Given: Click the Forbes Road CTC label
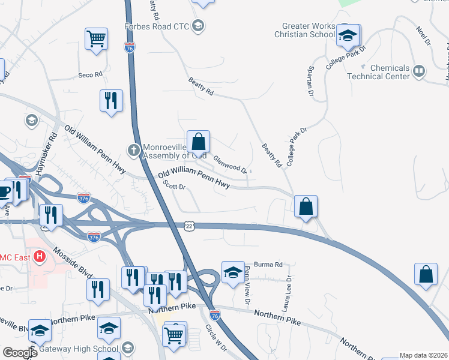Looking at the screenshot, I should pyautogui.click(x=157, y=26).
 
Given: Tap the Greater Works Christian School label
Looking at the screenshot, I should pyautogui.click(x=309, y=30).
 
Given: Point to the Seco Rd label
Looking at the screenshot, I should pyautogui.click(x=91, y=75).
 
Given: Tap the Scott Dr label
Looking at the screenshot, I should pyautogui.click(x=175, y=187).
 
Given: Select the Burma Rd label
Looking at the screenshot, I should pyautogui.click(x=268, y=264).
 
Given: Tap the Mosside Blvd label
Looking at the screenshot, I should pyautogui.click(x=72, y=259).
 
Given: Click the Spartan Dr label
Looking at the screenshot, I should pyautogui.click(x=311, y=82).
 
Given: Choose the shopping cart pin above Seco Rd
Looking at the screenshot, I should pyautogui.click(x=96, y=39).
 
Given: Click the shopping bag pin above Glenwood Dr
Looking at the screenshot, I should pyautogui.click(x=199, y=143).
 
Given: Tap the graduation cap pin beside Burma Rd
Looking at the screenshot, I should pyautogui.click(x=233, y=273).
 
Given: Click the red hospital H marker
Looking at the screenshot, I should pyautogui.click(x=40, y=257).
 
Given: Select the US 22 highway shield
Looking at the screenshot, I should pyautogui.click(x=190, y=225).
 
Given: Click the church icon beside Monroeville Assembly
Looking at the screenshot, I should pyautogui.click(x=135, y=148).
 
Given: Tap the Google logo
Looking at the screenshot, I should pyautogui.click(x=19, y=352).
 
